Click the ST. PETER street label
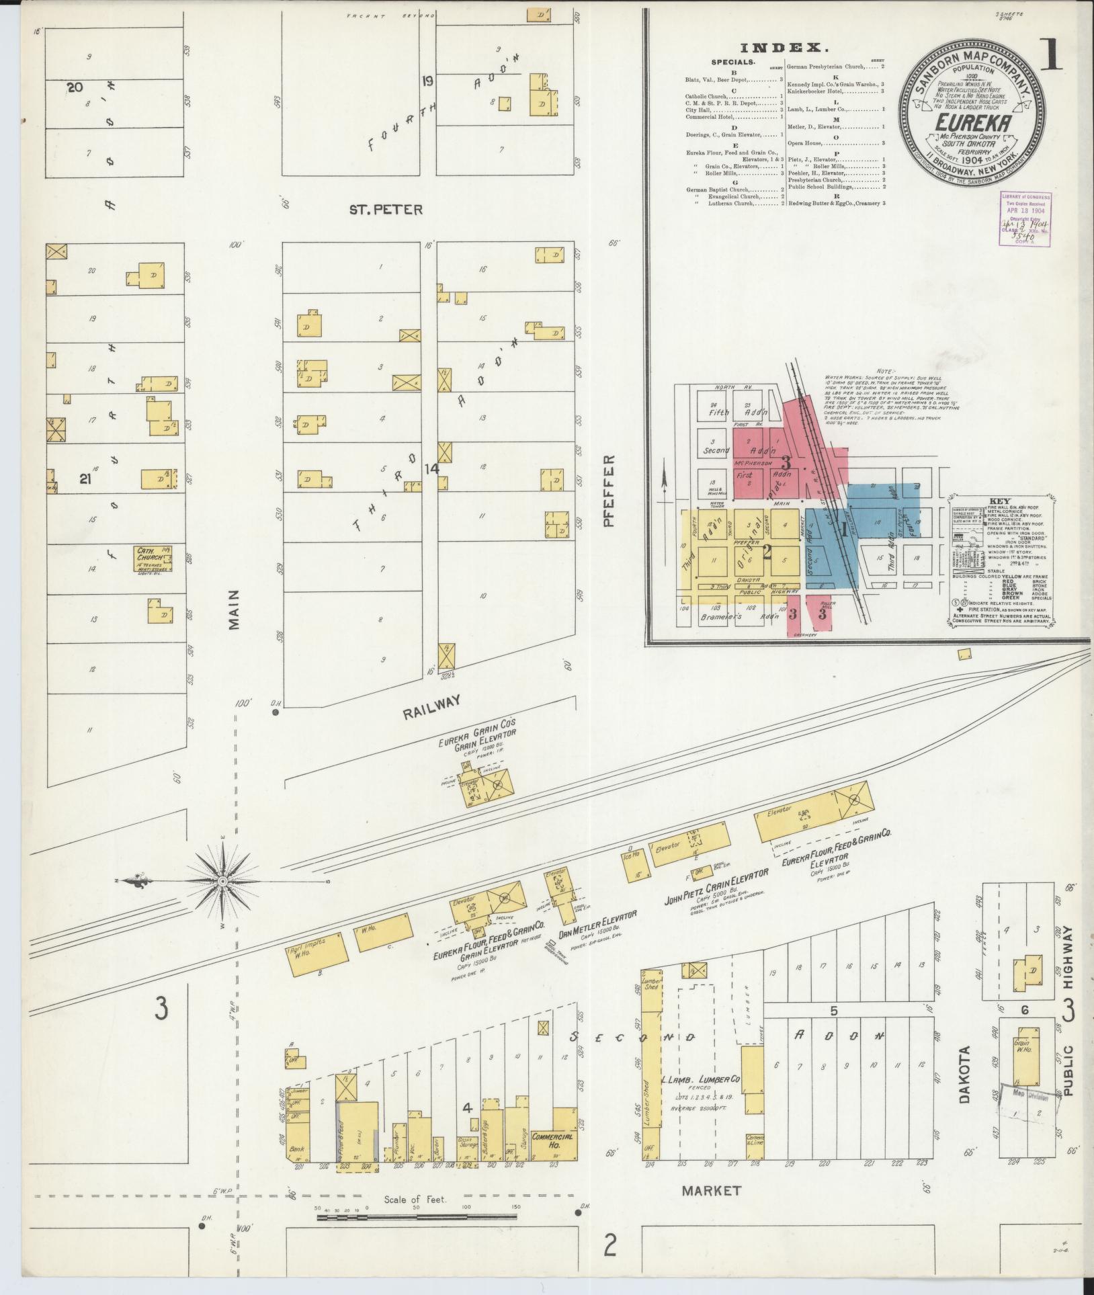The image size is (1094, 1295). click(x=386, y=209)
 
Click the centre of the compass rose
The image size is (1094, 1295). click(x=222, y=880)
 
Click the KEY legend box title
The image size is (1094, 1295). click(x=1001, y=501)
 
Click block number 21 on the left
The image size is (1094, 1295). click(x=85, y=478)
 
